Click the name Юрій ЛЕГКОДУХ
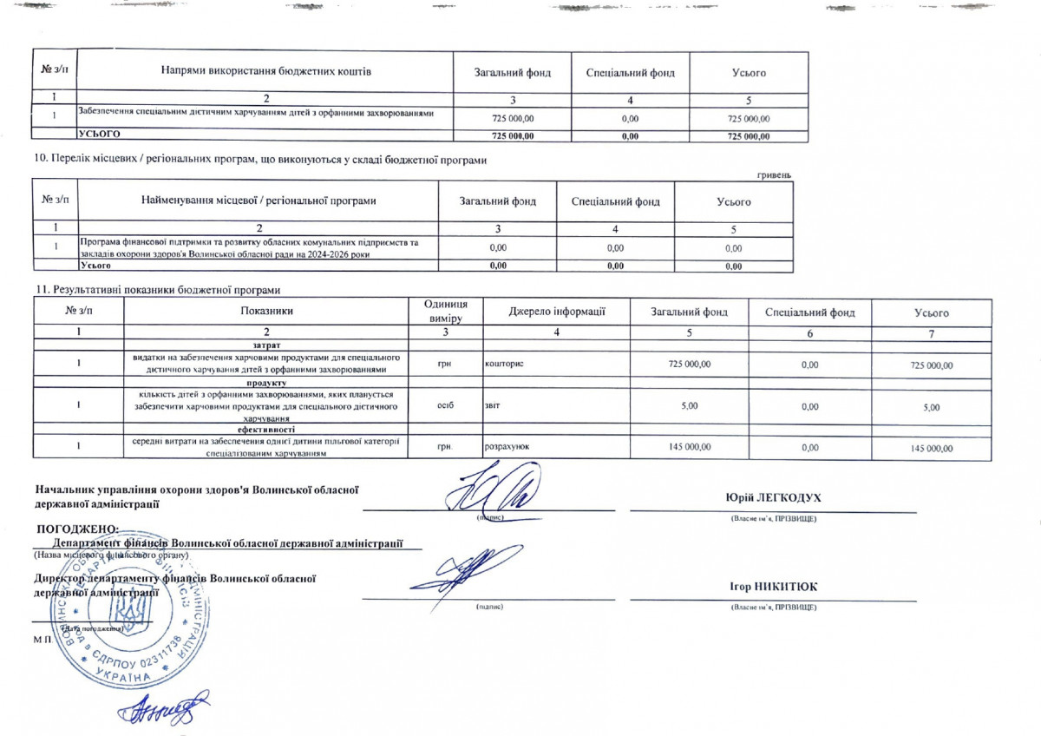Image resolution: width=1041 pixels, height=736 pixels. pyautogui.click(x=773, y=497)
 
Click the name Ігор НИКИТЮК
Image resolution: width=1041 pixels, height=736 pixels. pyautogui.click(x=773, y=588)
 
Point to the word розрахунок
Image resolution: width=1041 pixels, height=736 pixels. pyautogui.click(x=507, y=447)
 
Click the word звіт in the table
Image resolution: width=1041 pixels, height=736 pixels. pyautogui.click(x=492, y=405)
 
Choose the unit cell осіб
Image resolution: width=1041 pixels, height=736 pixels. pyautogui.click(x=445, y=405)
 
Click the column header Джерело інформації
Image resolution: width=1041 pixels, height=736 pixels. pyautogui.click(x=556, y=312)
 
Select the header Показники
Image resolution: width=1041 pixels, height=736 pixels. pyautogui.click(x=267, y=312)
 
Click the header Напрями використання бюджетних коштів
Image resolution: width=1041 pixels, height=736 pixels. pyautogui.click(x=266, y=72)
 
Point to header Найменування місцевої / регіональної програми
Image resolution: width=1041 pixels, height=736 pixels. pyautogui.click(x=259, y=201)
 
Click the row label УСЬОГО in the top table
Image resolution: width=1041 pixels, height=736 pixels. pyautogui.click(x=99, y=135)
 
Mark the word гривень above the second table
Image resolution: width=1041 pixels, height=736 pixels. pyautogui.click(x=774, y=174)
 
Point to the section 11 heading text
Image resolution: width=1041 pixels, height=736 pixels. pyautogui.click(x=159, y=289)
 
